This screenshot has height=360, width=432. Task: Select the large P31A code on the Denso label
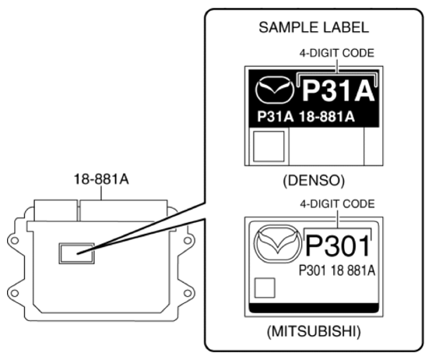coord(337,92)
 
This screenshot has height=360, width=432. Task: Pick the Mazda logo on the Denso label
coord(273,92)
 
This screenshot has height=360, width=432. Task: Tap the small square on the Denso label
coord(269,146)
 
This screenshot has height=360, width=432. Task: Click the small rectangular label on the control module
coord(77,252)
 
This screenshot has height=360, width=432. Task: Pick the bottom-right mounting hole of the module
coord(188,294)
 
